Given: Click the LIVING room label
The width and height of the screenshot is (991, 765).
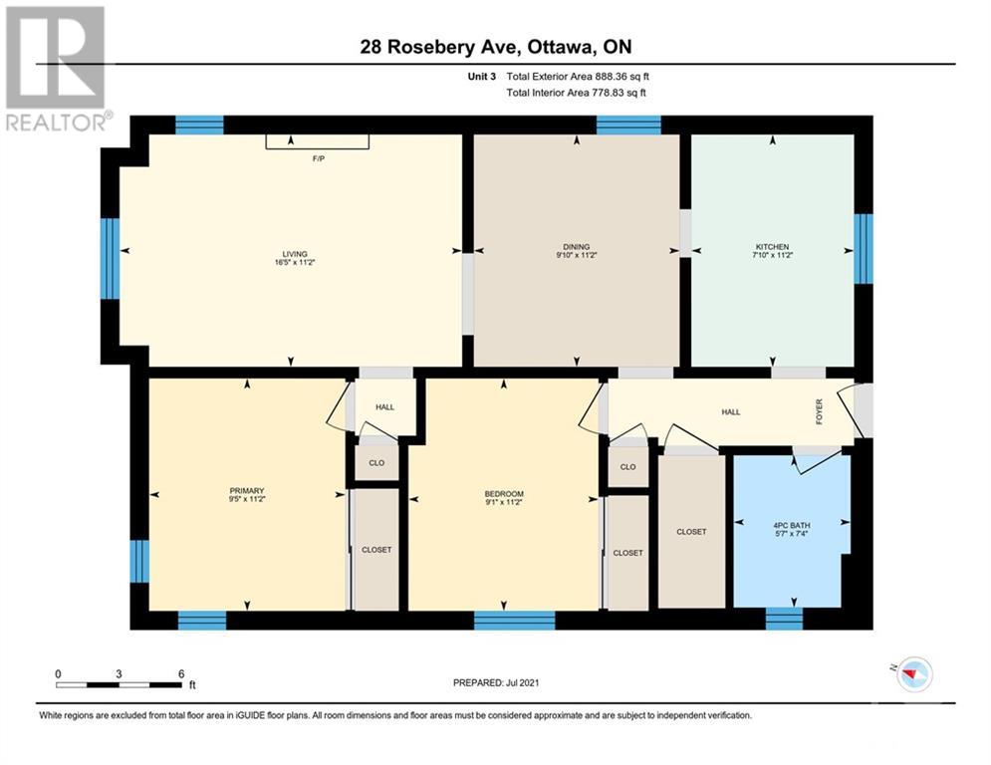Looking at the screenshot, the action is pos(295,254).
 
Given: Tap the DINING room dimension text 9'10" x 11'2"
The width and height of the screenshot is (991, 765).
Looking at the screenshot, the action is pos(576,255).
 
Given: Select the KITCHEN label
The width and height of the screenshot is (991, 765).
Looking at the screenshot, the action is pos(772,247).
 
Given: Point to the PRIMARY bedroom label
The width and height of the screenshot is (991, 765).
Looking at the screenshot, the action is pos(246,491).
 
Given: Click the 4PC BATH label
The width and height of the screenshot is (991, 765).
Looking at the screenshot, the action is pos(791,525).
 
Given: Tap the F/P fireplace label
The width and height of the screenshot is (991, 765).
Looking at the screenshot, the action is pos(319,158).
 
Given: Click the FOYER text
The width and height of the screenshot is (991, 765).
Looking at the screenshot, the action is pos(819,411).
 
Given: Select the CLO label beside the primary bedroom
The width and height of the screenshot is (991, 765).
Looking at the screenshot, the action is pos(376,463).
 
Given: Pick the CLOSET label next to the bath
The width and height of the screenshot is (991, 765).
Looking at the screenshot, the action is pos(691,532).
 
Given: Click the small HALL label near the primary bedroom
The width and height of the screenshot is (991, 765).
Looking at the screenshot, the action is pos(384,407).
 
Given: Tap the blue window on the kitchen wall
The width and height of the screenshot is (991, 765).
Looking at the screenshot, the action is pos(864,248).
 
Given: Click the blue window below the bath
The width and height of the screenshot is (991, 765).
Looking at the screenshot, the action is pos(784,619).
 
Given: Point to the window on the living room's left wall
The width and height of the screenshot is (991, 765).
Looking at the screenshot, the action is pos(110,259).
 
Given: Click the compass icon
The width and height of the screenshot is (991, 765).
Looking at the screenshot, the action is pos(915,674).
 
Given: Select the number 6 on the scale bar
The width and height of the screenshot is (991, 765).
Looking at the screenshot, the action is pos(180,674).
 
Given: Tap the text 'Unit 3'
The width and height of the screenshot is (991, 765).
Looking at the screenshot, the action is pos(482,77).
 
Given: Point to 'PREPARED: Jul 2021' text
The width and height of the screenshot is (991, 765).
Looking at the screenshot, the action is pos(496,682).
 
